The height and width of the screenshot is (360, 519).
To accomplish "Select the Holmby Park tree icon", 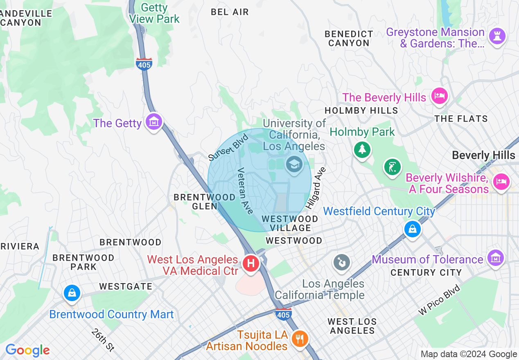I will pyautogui.click(x=362, y=149).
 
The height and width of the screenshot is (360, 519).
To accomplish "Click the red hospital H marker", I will pyautogui.click(x=251, y=263).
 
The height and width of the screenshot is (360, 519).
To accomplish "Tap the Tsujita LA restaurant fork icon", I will pyautogui.click(x=300, y=338).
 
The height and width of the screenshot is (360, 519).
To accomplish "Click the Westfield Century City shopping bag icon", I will pyautogui.click(x=412, y=229).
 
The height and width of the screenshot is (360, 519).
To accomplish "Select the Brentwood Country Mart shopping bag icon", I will pyautogui.click(x=72, y=293).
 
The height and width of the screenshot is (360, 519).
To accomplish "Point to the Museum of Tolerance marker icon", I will pyautogui.click(x=495, y=258).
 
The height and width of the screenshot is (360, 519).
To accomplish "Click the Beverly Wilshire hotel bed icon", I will pyautogui.click(x=500, y=180).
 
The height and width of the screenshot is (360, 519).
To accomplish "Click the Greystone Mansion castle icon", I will pyautogui.click(x=498, y=36).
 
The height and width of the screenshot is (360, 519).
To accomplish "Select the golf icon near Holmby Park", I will pyautogui.click(x=392, y=167).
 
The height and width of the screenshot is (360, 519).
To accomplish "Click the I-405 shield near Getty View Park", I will pyautogui.click(x=144, y=64).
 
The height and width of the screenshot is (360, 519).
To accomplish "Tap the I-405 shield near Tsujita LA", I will pyautogui.click(x=283, y=314).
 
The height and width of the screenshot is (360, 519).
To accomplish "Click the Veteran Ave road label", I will pyautogui.click(x=246, y=191).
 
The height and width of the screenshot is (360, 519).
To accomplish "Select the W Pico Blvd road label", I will pyautogui.click(x=439, y=299).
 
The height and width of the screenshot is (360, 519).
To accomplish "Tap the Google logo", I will pyautogui.click(x=28, y=350).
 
